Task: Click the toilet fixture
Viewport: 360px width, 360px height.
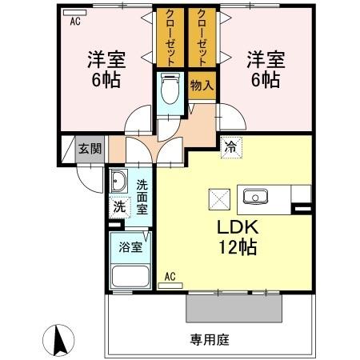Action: coord(169,91)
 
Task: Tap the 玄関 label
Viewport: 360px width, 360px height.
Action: coord(90,148)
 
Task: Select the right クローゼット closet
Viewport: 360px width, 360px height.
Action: coord(202,38)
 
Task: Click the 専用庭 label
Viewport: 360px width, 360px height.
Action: coord(210,340)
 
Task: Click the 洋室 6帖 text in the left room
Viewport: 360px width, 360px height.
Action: coord(105,68)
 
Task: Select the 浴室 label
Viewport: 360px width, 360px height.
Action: coord(131,247)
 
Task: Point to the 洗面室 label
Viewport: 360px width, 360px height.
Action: coord(142,196)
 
